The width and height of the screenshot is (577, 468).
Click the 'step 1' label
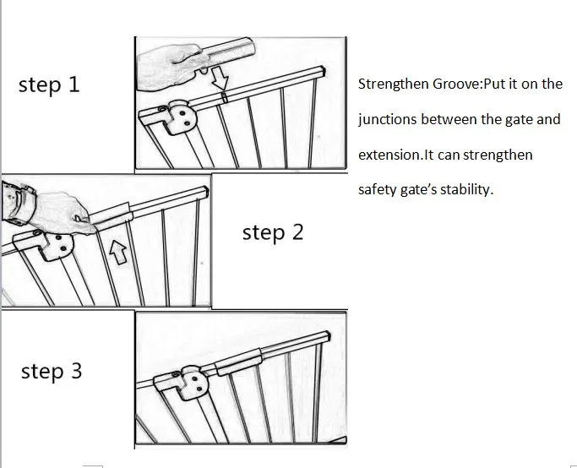pos(49,85)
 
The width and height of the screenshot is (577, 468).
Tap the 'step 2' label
pos(273,233)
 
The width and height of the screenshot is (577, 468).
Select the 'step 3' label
pos(52,371)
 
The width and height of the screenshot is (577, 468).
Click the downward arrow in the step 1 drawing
pos(220,78)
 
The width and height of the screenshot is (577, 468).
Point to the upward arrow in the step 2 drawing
pos(118,253)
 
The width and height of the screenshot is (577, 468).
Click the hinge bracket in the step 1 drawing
pos(179,117)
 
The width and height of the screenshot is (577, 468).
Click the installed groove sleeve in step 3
pos(238,362)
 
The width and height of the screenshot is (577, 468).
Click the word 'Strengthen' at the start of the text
pos(394,84)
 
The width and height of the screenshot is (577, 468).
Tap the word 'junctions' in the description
pos(388,120)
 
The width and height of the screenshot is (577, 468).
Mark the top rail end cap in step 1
pos(322,71)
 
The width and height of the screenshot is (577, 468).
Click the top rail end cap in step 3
pos(326,337)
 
